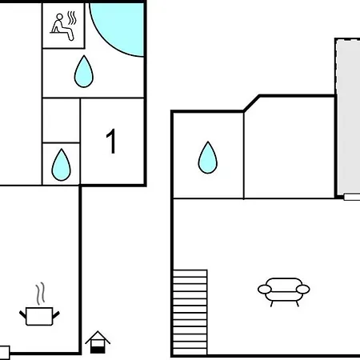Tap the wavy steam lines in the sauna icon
[72, 18]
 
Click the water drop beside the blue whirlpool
[84, 71]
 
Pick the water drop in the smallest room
[61, 165]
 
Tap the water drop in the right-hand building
[208, 158]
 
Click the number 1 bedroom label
[111, 141]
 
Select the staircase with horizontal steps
[190, 312]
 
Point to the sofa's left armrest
[265, 289]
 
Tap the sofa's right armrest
[303, 289]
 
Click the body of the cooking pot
[39, 316]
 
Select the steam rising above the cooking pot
[40, 294]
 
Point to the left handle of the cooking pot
[22, 314]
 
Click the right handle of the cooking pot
[56, 314]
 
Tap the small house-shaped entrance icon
[98, 342]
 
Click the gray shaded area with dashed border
[348, 118]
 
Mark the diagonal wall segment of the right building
[251, 103]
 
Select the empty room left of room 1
[61, 121]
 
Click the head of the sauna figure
[60, 17]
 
